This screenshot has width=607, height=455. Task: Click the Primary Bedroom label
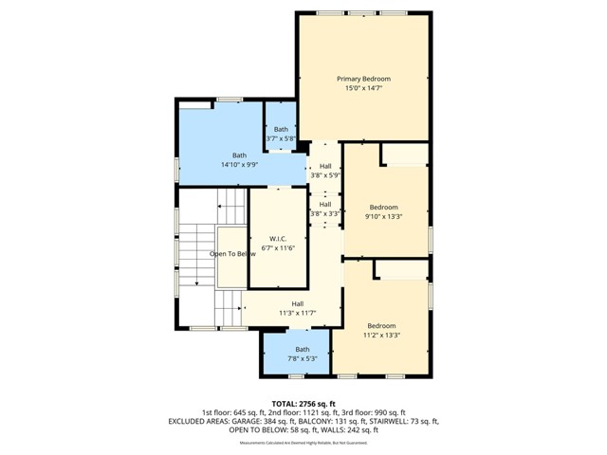[363, 79]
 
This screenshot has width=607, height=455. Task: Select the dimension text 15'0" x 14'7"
[363, 88]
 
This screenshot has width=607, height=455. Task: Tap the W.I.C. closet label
[278, 238]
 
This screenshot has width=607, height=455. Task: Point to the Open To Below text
[232, 254]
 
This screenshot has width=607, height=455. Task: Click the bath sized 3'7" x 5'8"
[281, 134]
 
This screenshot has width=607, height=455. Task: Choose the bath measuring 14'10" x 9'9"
[239, 159]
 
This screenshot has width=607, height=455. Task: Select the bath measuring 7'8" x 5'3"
[302, 354]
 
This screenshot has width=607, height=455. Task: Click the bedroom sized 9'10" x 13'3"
[383, 211]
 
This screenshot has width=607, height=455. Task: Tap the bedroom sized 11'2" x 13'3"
[381, 330]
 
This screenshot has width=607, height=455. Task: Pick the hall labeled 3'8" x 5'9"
[325, 171]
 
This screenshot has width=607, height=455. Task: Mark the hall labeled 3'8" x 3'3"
[325, 209]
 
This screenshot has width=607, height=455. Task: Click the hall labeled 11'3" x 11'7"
[297, 308]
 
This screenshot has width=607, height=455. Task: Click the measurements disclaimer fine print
[303, 443]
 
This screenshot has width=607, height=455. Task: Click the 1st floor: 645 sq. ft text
[232, 412]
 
